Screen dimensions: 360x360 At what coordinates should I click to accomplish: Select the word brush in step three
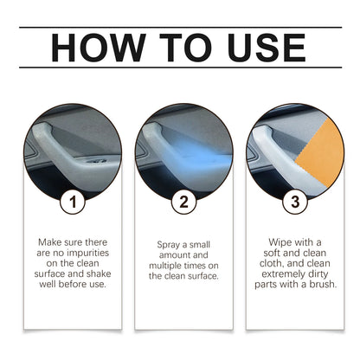click(x=319, y=283)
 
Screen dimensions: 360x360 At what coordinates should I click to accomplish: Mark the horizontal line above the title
click(x=180, y=27)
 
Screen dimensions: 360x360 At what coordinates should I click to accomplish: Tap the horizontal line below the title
click(x=180, y=67)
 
